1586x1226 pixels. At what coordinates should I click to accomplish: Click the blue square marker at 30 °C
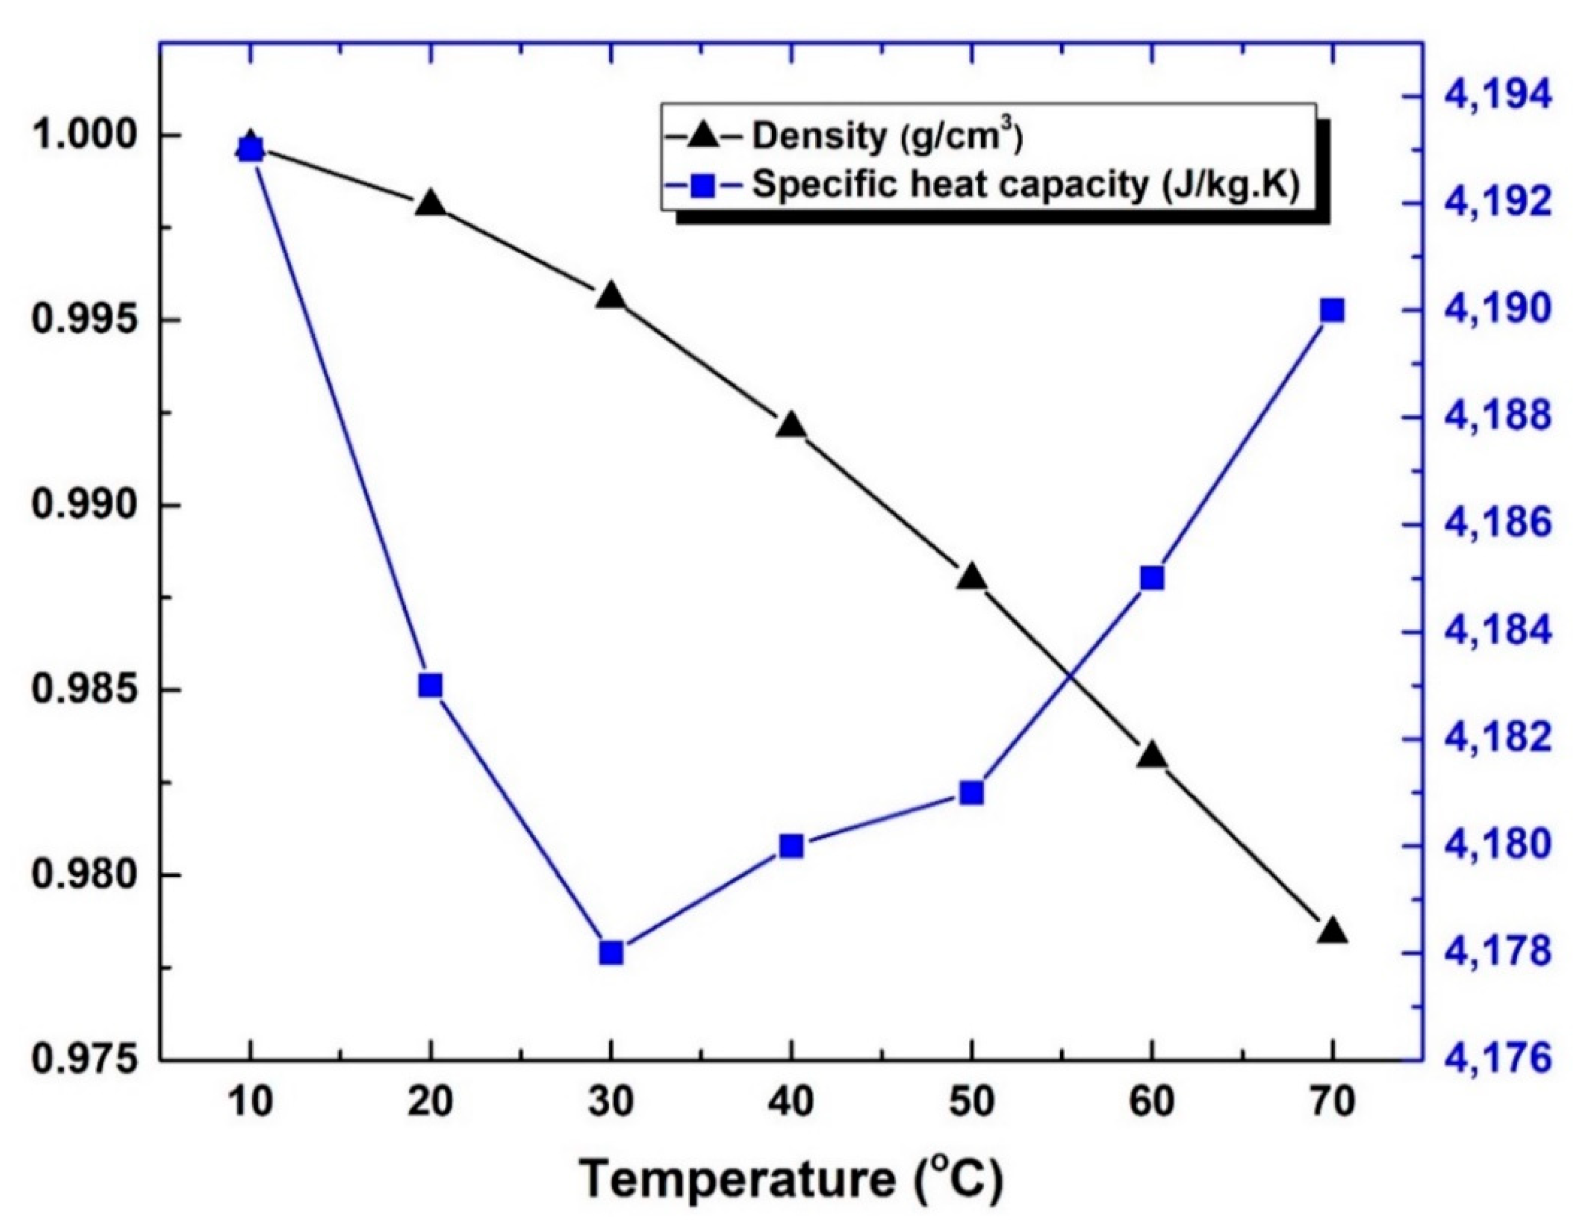(x=611, y=953)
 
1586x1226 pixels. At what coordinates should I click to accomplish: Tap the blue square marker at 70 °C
(x=1333, y=311)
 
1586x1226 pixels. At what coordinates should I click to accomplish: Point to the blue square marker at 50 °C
(x=972, y=793)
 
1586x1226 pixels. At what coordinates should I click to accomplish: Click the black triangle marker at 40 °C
(x=791, y=426)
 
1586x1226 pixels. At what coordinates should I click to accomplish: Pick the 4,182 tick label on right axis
(x=1498, y=740)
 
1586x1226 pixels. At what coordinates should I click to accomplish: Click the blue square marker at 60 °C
(x=1152, y=578)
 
